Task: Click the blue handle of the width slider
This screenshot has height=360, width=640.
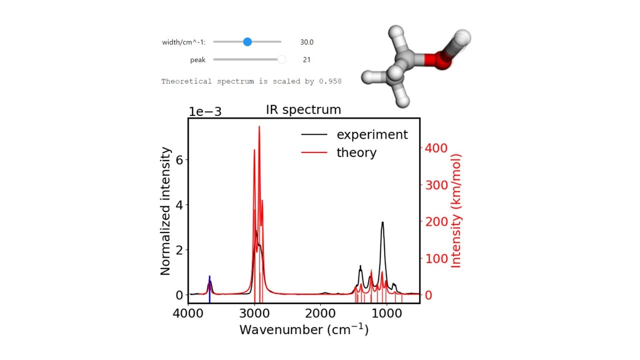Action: (247, 42)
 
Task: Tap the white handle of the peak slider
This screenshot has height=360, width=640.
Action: (281, 59)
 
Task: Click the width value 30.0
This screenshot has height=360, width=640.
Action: (306, 42)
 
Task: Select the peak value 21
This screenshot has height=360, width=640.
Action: (306, 60)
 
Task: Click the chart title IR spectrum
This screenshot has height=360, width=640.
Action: (304, 109)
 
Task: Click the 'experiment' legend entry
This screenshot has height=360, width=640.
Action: (372, 134)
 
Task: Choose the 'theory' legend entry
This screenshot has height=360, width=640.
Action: (356, 152)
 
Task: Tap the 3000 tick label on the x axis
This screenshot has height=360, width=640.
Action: (254, 313)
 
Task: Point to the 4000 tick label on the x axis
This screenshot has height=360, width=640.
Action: (188, 313)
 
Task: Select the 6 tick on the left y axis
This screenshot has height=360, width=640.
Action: (179, 159)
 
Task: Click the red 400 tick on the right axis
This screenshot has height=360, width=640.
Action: (435, 148)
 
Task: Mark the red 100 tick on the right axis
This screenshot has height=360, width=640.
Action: (435, 258)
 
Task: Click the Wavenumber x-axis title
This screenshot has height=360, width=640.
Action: (303, 330)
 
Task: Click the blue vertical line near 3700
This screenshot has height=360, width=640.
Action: (209, 289)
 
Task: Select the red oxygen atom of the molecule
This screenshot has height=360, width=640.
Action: (440, 60)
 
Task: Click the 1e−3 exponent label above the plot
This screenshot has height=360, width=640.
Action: (204, 111)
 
